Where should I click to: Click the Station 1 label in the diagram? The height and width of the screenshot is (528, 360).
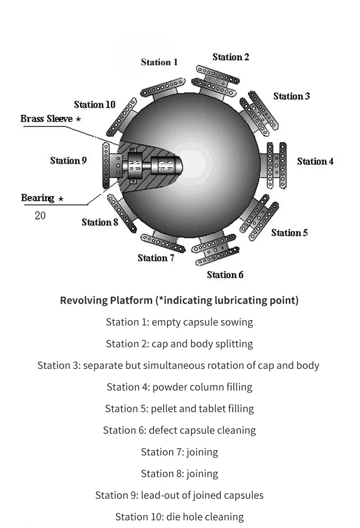coord(159,62)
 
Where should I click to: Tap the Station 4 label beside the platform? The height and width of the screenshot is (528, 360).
coord(315,161)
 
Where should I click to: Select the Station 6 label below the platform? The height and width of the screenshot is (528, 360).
coord(225,275)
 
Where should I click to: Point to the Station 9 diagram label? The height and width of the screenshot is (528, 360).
coord(68,160)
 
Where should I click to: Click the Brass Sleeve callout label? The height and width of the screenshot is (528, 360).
coord(47,119)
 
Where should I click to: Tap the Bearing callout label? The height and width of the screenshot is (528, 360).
coord(37,197)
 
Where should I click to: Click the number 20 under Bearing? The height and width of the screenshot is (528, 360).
coord(40,216)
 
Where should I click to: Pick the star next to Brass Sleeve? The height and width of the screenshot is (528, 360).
coord(78,119)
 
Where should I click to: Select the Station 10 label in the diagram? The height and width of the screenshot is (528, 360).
coord(95,105)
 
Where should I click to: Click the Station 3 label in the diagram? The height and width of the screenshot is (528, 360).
coord(291,96)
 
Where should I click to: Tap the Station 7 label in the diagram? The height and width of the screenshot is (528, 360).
coord(156,258)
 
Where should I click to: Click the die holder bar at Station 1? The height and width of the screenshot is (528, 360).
coord(163,87)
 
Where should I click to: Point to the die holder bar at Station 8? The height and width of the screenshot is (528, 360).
coord(121,213)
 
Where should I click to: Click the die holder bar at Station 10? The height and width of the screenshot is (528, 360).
coord(121,117)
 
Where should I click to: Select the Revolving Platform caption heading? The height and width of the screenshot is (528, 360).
coord(180,300)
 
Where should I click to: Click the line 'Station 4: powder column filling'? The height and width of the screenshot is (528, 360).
coord(180,387)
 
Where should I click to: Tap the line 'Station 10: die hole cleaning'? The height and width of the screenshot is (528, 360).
coord(180,516)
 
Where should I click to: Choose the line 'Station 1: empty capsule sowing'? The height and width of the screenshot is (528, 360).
coord(180,322)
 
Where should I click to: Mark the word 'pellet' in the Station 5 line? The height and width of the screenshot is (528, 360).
coord(164,408)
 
